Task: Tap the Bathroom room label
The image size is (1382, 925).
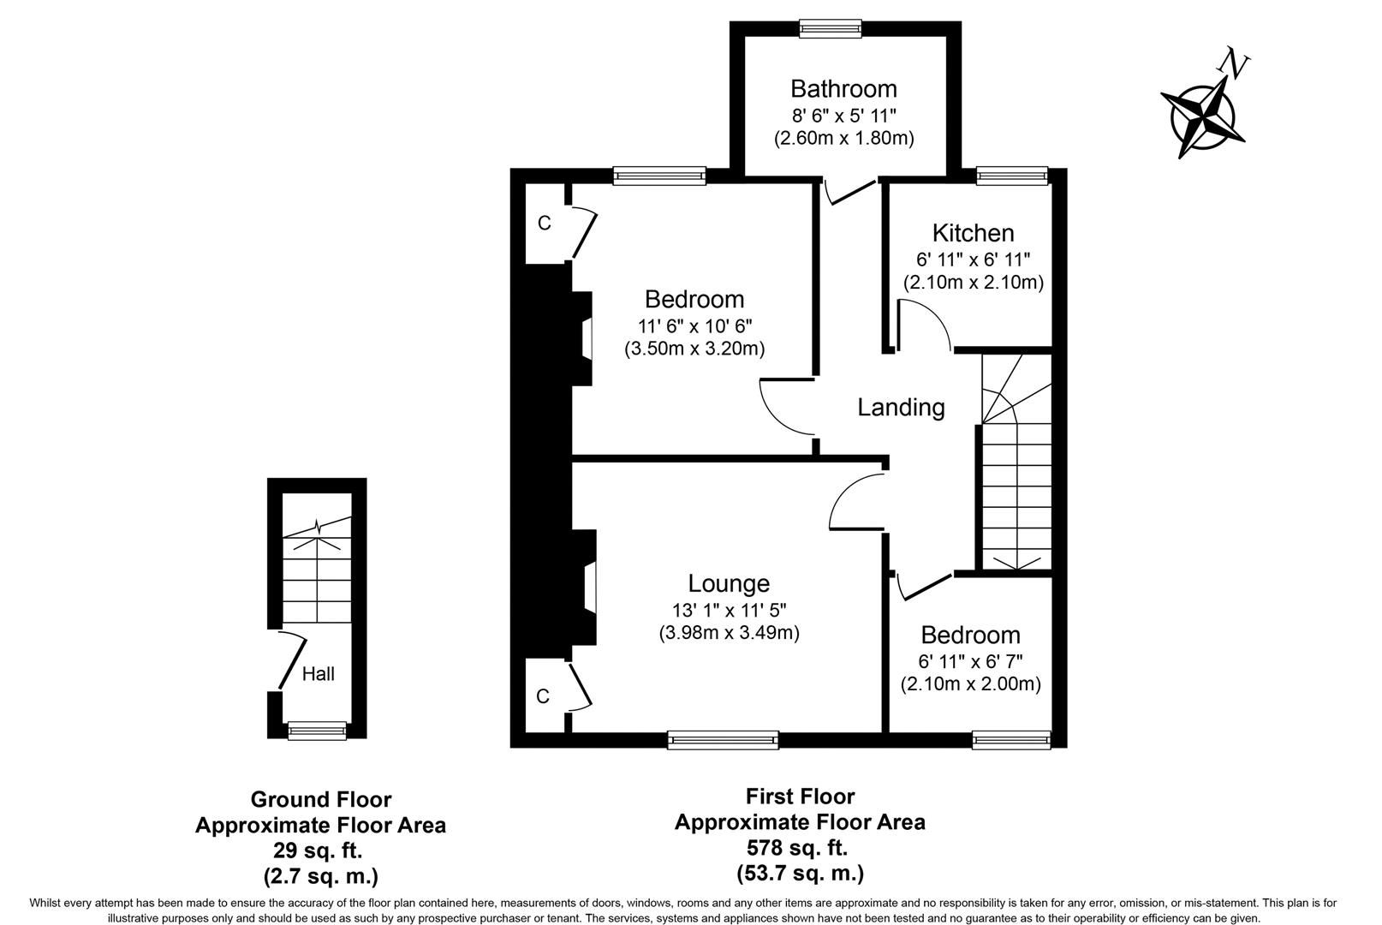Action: pyautogui.click(x=843, y=89)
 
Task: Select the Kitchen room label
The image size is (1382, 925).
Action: pyautogui.click(x=973, y=233)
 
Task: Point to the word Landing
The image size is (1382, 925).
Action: pyautogui.click(x=901, y=408)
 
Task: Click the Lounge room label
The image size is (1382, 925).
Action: pyautogui.click(x=729, y=583)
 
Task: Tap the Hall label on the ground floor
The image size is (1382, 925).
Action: pyautogui.click(x=318, y=674)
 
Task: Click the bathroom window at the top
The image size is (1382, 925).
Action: pyautogui.click(x=831, y=28)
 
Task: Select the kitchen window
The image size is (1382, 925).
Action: pyautogui.click(x=1012, y=176)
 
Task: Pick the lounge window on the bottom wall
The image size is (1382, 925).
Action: pyautogui.click(x=723, y=739)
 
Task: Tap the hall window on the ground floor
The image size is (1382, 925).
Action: pyautogui.click(x=317, y=730)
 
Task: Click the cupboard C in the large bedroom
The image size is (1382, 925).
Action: pyautogui.click(x=544, y=224)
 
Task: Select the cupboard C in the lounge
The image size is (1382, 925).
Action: pyautogui.click(x=542, y=697)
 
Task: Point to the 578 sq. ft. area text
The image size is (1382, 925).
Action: pyautogui.click(x=796, y=848)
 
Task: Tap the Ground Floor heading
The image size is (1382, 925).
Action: pyautogui.click(x=320, y=800)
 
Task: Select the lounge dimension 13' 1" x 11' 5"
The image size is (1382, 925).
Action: pyautogui.click(x=729, y=611)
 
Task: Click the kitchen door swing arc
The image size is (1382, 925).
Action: pyautogui.click(x=929, y=322)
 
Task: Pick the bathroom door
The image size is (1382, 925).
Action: pyautogui.click(x=853, y=192)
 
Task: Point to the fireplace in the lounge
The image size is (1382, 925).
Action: pyautogui.click(x=587, y=588)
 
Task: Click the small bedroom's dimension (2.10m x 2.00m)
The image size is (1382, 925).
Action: pyautogui.click(x=970, y=684)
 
